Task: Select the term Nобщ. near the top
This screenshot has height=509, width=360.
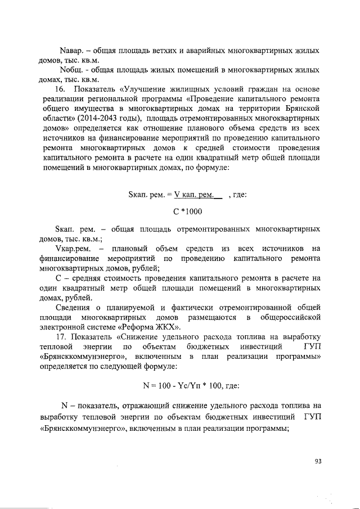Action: [x=72, y=70]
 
